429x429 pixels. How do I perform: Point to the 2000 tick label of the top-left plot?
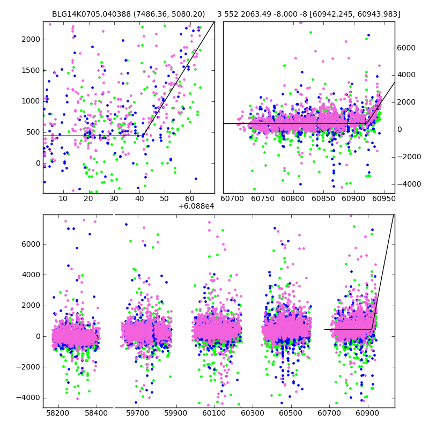point(30,39)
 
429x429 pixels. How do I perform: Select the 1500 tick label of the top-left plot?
point(30,70)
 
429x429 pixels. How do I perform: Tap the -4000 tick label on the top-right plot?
point(405,184)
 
